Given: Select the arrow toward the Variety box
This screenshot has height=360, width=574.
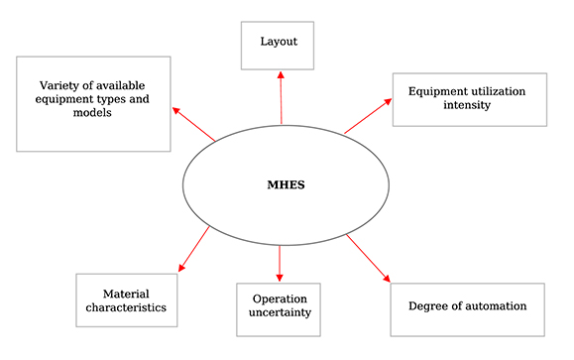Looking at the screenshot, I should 194,124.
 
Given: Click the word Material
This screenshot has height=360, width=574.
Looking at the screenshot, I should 125,294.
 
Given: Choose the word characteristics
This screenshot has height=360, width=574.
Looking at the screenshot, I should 126,308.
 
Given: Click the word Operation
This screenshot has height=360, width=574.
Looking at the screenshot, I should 280,299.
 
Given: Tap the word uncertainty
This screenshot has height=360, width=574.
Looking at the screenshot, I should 281,312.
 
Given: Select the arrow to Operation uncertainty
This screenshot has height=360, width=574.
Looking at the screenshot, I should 280,262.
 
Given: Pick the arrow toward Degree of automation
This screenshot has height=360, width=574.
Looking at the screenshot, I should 368,260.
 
